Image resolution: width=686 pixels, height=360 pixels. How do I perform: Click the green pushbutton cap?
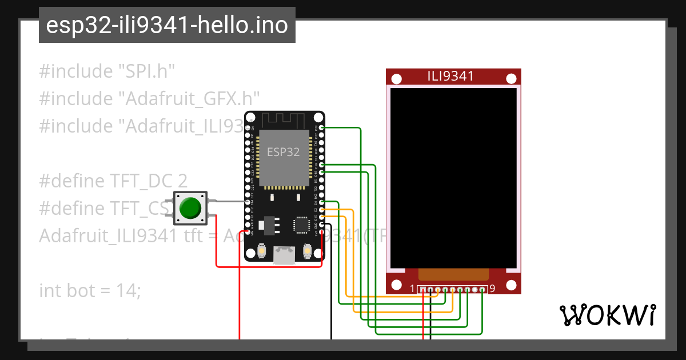190,208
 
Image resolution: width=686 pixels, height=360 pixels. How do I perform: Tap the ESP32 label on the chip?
284,152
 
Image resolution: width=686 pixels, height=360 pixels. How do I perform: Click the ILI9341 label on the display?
450,76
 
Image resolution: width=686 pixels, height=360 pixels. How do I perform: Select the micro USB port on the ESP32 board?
284,255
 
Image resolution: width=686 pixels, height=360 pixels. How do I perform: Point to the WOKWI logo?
607,315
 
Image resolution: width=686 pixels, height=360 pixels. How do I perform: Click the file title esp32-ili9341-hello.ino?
167,26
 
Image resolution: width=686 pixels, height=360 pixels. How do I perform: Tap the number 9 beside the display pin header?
492,289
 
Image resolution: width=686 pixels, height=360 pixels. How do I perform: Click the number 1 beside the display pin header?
413,289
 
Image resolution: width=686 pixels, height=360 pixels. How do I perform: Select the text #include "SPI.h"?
107,71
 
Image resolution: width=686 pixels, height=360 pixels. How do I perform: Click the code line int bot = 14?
90,290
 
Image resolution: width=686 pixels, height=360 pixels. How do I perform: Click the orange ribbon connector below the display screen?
453,274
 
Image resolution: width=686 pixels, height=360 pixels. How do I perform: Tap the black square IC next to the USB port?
301,225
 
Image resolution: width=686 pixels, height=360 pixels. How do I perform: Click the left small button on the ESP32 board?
261,250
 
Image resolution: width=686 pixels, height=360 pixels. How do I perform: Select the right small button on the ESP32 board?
307,250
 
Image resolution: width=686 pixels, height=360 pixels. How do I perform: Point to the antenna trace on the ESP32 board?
284,119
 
